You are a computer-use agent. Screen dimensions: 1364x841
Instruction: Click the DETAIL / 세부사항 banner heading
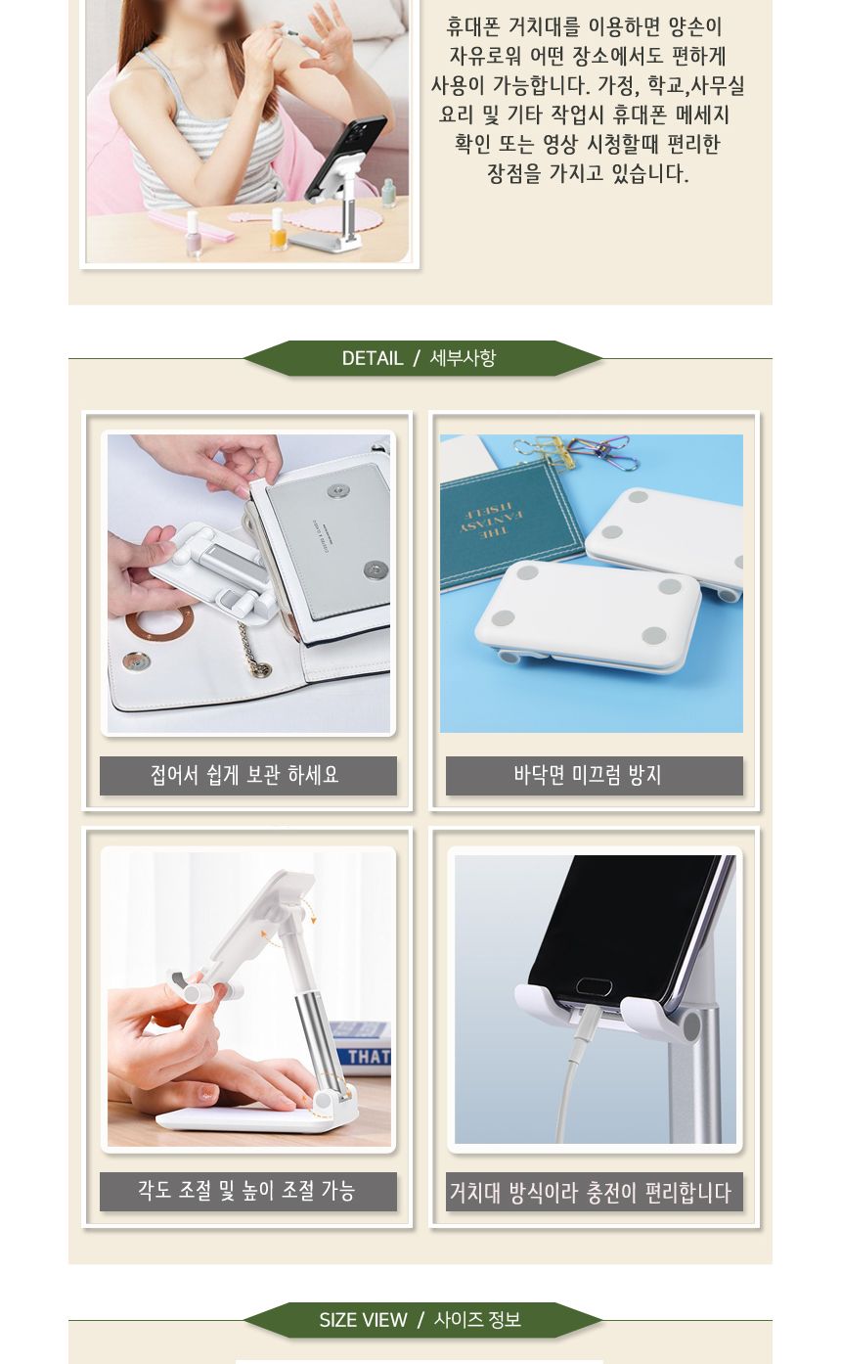pos(420,358)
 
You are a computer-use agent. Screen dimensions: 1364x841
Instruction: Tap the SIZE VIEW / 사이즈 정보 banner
pos(420,1320)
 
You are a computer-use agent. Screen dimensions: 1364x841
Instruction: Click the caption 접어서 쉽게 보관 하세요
pos(247,776)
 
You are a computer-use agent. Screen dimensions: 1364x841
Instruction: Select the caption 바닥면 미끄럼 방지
pos(594,776)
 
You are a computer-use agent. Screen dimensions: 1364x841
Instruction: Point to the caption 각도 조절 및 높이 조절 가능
pos(247,1191)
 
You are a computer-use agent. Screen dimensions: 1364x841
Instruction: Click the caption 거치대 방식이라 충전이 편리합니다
pos(594,1193)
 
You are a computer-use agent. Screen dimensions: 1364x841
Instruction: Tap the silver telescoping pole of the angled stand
pos(313,1018)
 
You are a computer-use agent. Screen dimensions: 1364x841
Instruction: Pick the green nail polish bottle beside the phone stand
pos(388,193)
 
